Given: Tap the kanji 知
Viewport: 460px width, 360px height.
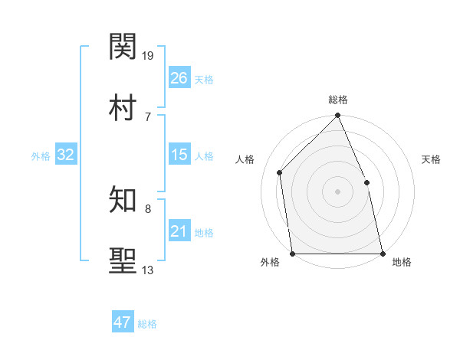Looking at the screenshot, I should [x=123, y=201].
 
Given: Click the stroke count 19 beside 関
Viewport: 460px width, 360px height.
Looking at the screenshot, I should [x=149, y=55].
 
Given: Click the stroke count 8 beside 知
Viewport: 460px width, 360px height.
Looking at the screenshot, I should [x=148, y=208].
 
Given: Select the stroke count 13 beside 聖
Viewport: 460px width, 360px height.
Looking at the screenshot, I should [x=148, y=270].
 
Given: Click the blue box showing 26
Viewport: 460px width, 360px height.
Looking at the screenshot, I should [x=179, y=78].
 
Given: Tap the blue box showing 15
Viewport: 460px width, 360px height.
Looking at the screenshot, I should [x=179, y=155].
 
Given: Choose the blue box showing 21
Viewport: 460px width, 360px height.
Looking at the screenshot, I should [x=179, y=231].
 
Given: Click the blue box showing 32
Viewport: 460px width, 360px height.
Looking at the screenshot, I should [x=66, y=155].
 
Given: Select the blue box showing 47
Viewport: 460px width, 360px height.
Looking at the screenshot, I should [x=123, y=322].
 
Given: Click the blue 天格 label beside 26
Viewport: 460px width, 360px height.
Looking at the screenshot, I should [x=204, y=80].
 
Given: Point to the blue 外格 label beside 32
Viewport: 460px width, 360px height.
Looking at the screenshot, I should [x=41, y=156].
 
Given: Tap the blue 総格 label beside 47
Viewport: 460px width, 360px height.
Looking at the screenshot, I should [x=147, y=324].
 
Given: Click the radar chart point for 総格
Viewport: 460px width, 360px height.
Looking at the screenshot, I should [x=337, y=116].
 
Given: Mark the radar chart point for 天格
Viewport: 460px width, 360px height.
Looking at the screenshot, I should [x=366, y=182].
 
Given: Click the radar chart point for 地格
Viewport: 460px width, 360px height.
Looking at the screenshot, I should [x=382, y=253].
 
